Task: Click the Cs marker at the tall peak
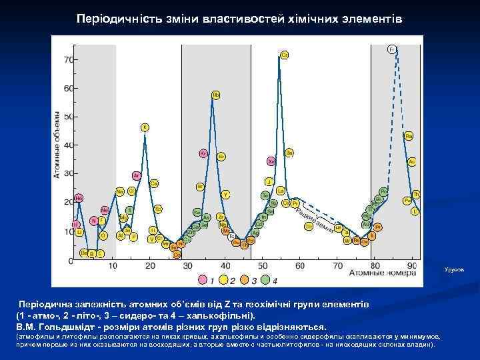[x=285, y=54]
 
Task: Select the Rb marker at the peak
[x=216, y=95]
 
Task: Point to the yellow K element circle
[x=145, y=127]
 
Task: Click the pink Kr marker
[x=203, y=153]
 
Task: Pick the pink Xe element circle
[x=271, y=161]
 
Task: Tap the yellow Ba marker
[x=289, y=152]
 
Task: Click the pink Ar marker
[x=136, y=176]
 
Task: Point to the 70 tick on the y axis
[x=68, y=60]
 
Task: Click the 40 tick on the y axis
[x=68, y=145]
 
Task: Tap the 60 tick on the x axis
[x=300, y=265]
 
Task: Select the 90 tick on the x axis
[x=413, y=265]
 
